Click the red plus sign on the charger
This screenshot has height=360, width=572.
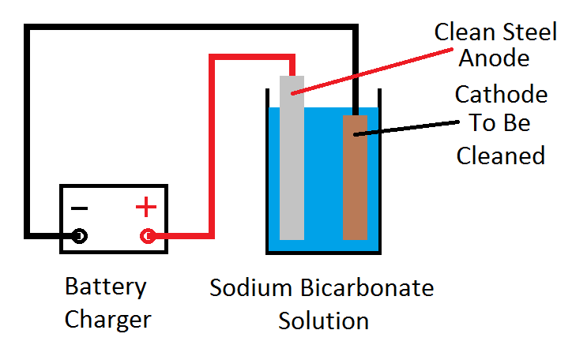tap(145, 208)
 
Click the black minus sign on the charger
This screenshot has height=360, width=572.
tap(80, 208)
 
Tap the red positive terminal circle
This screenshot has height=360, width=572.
tap(147, 235)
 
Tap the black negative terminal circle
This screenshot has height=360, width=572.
tap(80, 235)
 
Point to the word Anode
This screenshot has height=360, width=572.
tap(494, 59)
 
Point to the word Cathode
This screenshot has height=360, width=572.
tap(501, 95)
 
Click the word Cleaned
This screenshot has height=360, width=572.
tap(501, 155)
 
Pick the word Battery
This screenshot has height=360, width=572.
tap(105, 287)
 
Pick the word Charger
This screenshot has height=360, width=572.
tap(107, 320)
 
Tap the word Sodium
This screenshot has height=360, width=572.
tap(248, 288)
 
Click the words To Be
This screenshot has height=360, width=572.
tap(499, 124)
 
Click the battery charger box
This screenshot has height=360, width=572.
tap(114, 219)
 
